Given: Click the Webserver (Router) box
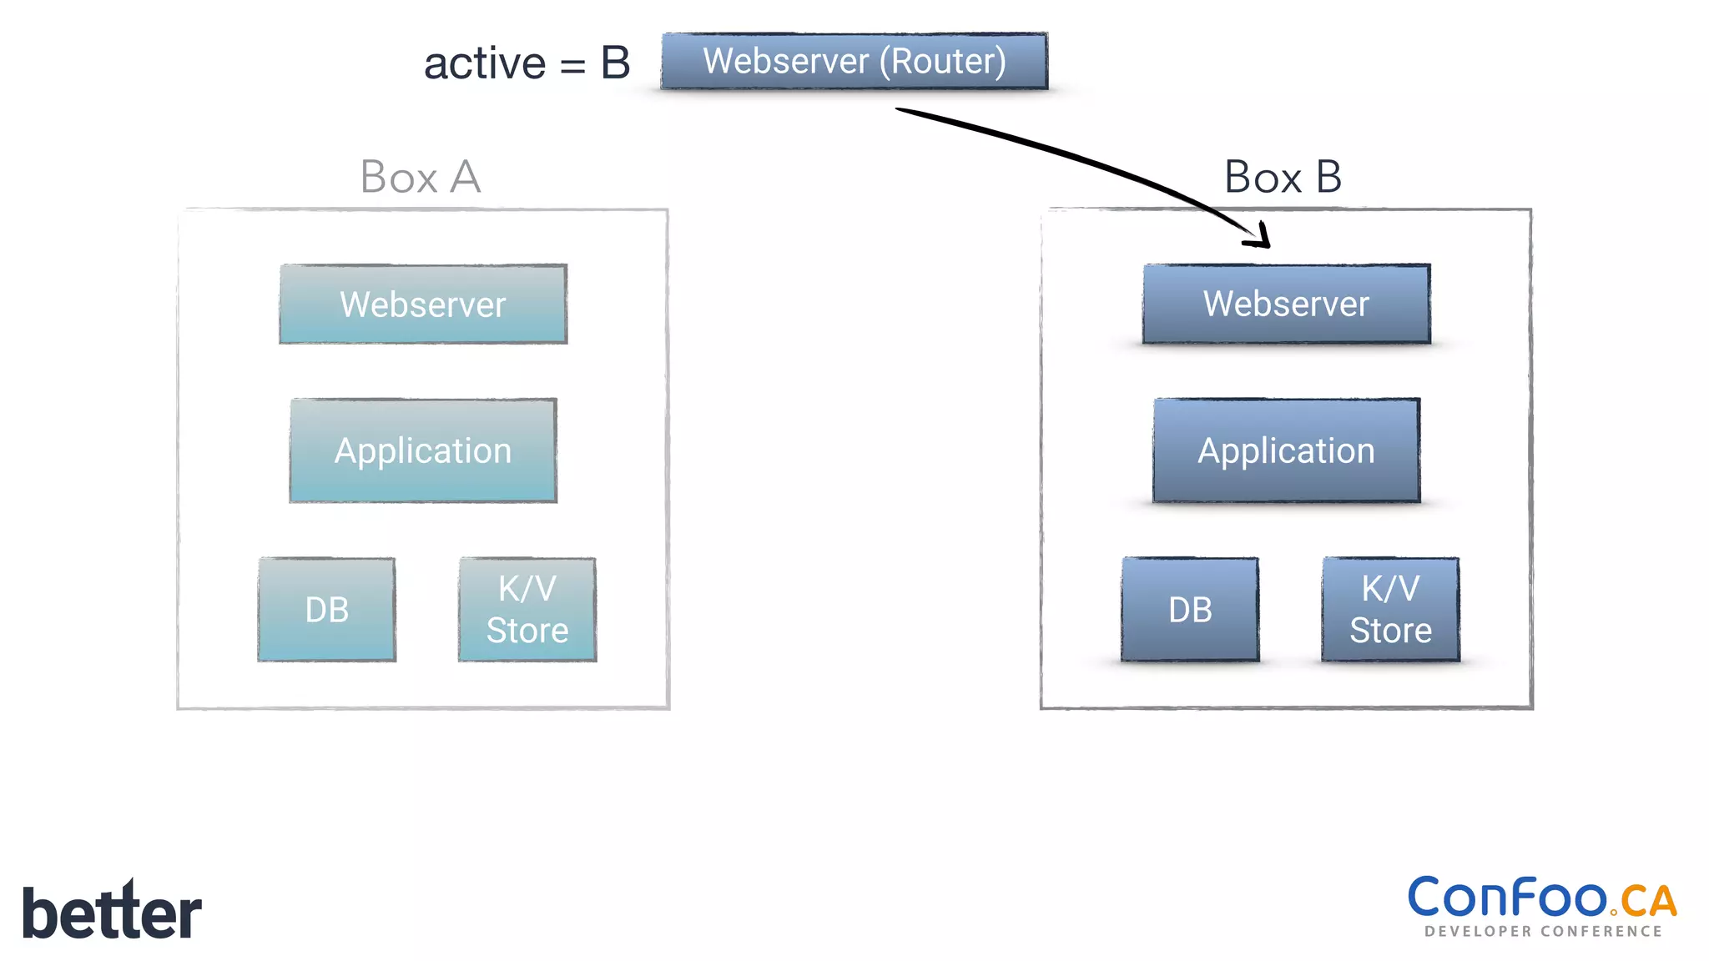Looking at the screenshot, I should (854, 61).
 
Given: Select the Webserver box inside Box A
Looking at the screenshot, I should (423, 304).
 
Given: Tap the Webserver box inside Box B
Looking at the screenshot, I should (1286, 304).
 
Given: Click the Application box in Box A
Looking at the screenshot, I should (423, 450).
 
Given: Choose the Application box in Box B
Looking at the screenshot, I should (1286, 450).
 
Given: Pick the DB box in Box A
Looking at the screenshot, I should (326, 610).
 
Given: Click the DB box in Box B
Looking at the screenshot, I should (1190, 610).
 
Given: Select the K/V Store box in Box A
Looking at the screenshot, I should (527, 610).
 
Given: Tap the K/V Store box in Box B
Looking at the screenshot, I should (1390, 610).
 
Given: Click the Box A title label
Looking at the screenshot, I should (421, 177).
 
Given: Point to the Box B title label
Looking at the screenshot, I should (1283, 177).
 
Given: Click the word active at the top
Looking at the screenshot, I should (485, 64).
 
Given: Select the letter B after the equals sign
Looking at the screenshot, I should (615, 63).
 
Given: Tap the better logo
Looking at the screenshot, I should (112, 912).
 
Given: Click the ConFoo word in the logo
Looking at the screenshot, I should (1507, 898).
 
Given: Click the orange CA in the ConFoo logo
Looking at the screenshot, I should (1648, 901).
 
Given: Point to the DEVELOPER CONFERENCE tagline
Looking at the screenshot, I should (1543, 931).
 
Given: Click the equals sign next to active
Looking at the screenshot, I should (572, 67).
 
